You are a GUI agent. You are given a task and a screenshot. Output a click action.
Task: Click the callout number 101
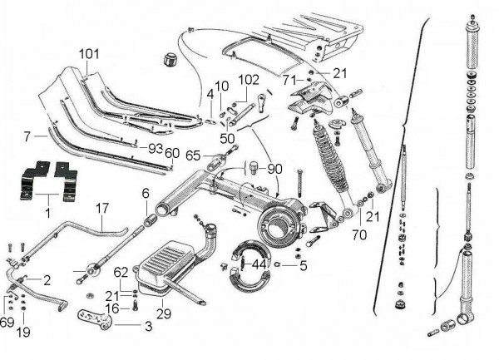tap(88, 54)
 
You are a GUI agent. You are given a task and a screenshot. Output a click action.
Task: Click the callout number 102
tap(249, 80)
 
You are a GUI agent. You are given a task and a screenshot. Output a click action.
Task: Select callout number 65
tap(193, 155)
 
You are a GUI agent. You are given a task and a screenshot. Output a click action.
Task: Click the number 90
tap(274, 170)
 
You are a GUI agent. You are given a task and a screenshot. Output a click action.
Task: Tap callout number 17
tap(102, 208)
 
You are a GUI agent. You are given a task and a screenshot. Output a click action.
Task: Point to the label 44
tap(259, 264)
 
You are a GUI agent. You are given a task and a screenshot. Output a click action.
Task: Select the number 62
tap(121, 271)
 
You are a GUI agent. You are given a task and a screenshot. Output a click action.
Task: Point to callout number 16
tap(111, 308)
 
